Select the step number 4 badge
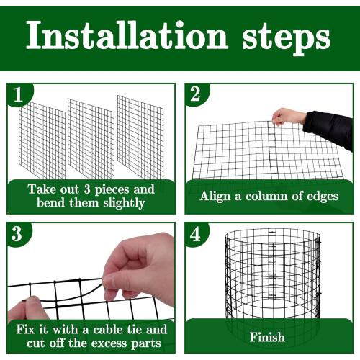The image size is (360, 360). [196, 235]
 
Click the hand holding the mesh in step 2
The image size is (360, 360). [289, 116]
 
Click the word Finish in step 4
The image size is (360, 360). [267, 337]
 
